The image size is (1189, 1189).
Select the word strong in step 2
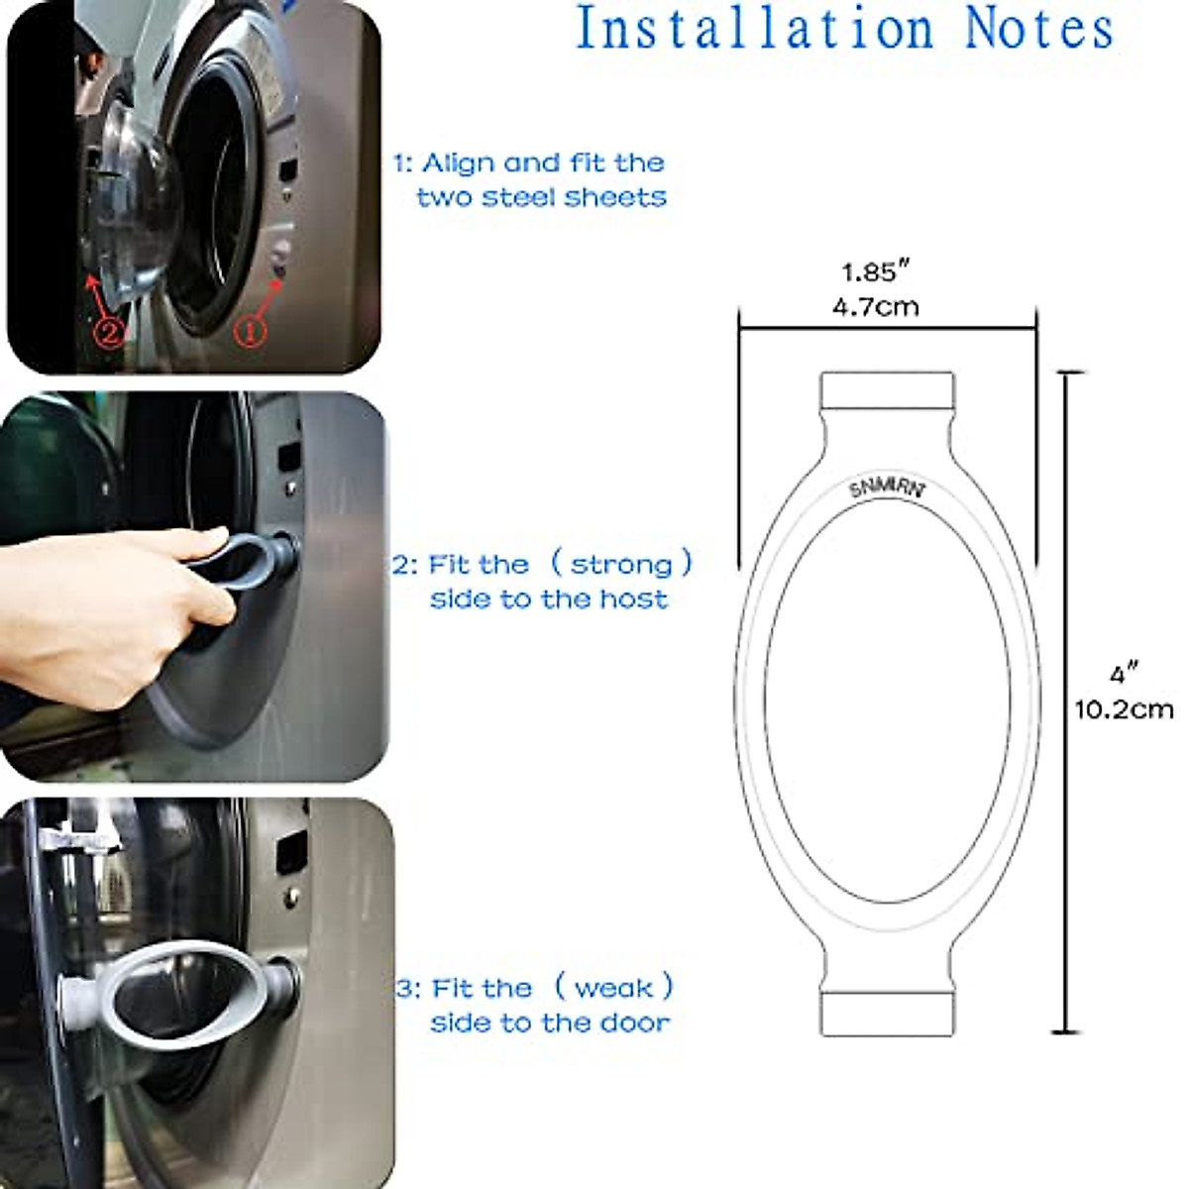(622, 566)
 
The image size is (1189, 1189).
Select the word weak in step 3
(613, 988)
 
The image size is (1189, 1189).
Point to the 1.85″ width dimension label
(875, 271)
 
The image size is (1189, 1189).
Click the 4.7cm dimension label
(875, 306)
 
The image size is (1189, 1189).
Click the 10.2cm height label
(1124, 709)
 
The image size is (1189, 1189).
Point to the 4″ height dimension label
(1123, 675)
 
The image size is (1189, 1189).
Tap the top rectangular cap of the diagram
(887, 391)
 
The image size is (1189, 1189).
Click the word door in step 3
(636, 1023)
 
